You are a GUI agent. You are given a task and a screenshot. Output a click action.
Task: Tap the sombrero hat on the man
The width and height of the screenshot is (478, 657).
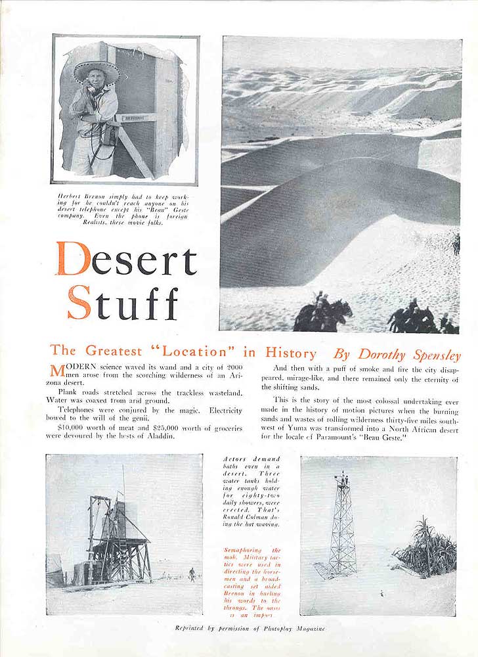96,72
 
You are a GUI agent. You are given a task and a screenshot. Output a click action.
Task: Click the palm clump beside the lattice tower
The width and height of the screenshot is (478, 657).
425,547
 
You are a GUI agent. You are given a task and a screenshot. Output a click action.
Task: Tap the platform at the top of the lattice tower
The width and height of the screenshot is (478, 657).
341,479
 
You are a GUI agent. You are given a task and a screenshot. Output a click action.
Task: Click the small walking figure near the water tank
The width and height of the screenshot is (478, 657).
191,574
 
